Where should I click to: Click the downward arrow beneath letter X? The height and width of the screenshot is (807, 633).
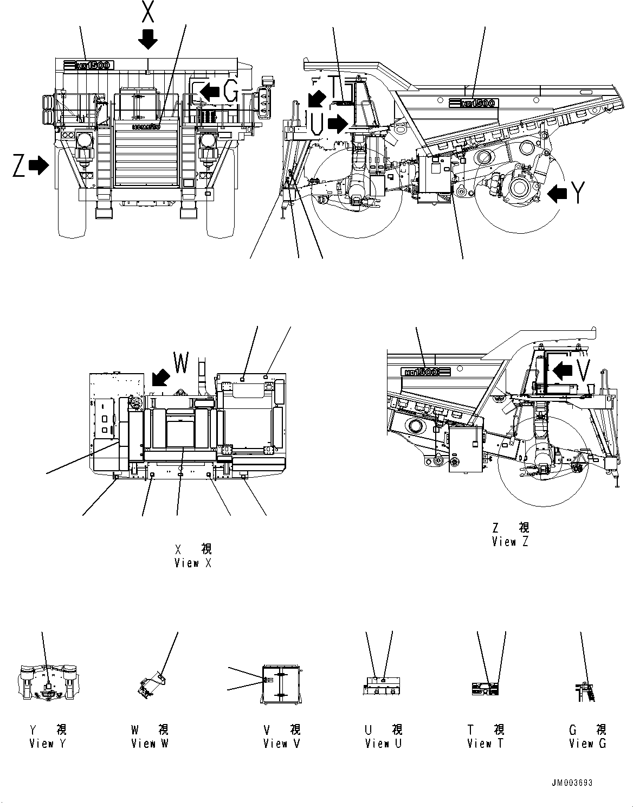147,39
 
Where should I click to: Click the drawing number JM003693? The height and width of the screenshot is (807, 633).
573,783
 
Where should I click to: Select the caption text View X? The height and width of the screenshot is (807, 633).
192,563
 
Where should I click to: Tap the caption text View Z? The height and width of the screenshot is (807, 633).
510,541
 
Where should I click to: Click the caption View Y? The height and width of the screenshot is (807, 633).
48,744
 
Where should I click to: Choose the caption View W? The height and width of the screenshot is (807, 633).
150,744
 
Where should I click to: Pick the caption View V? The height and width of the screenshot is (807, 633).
282,744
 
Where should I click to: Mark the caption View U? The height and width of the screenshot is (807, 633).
384,744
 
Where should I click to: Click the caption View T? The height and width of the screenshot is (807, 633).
486,744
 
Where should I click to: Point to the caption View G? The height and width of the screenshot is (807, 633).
587,744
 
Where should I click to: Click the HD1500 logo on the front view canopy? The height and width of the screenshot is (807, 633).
88,66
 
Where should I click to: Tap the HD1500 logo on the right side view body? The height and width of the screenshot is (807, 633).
473,103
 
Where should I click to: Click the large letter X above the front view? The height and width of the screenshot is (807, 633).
147,11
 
